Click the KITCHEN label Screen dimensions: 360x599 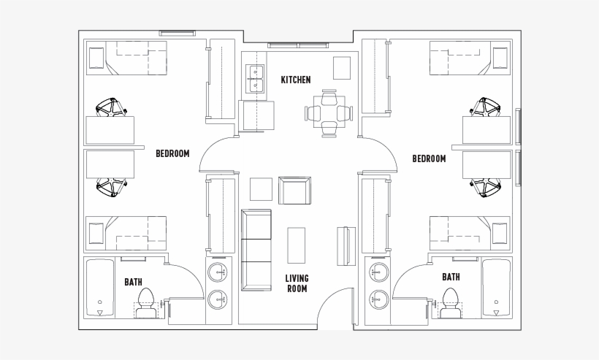[x=296, y=80]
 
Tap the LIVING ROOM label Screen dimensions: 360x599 [x=296, y=283]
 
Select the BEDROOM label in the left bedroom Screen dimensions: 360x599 [x=172, y=153]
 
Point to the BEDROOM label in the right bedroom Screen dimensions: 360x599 [x=429, y=158]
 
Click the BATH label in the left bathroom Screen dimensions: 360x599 [x=133, y=280]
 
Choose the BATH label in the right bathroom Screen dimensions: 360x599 [x=451, y=277]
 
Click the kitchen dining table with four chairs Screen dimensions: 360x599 [x=329, y=112]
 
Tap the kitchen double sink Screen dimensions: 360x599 [x=255, y=78]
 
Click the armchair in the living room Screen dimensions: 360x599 [x=296, y=190]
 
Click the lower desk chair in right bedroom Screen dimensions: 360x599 [x=487, y=187]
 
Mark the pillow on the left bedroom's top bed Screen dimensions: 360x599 [x=96, y=56]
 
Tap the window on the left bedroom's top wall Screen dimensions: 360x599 [x=178, y=33]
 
